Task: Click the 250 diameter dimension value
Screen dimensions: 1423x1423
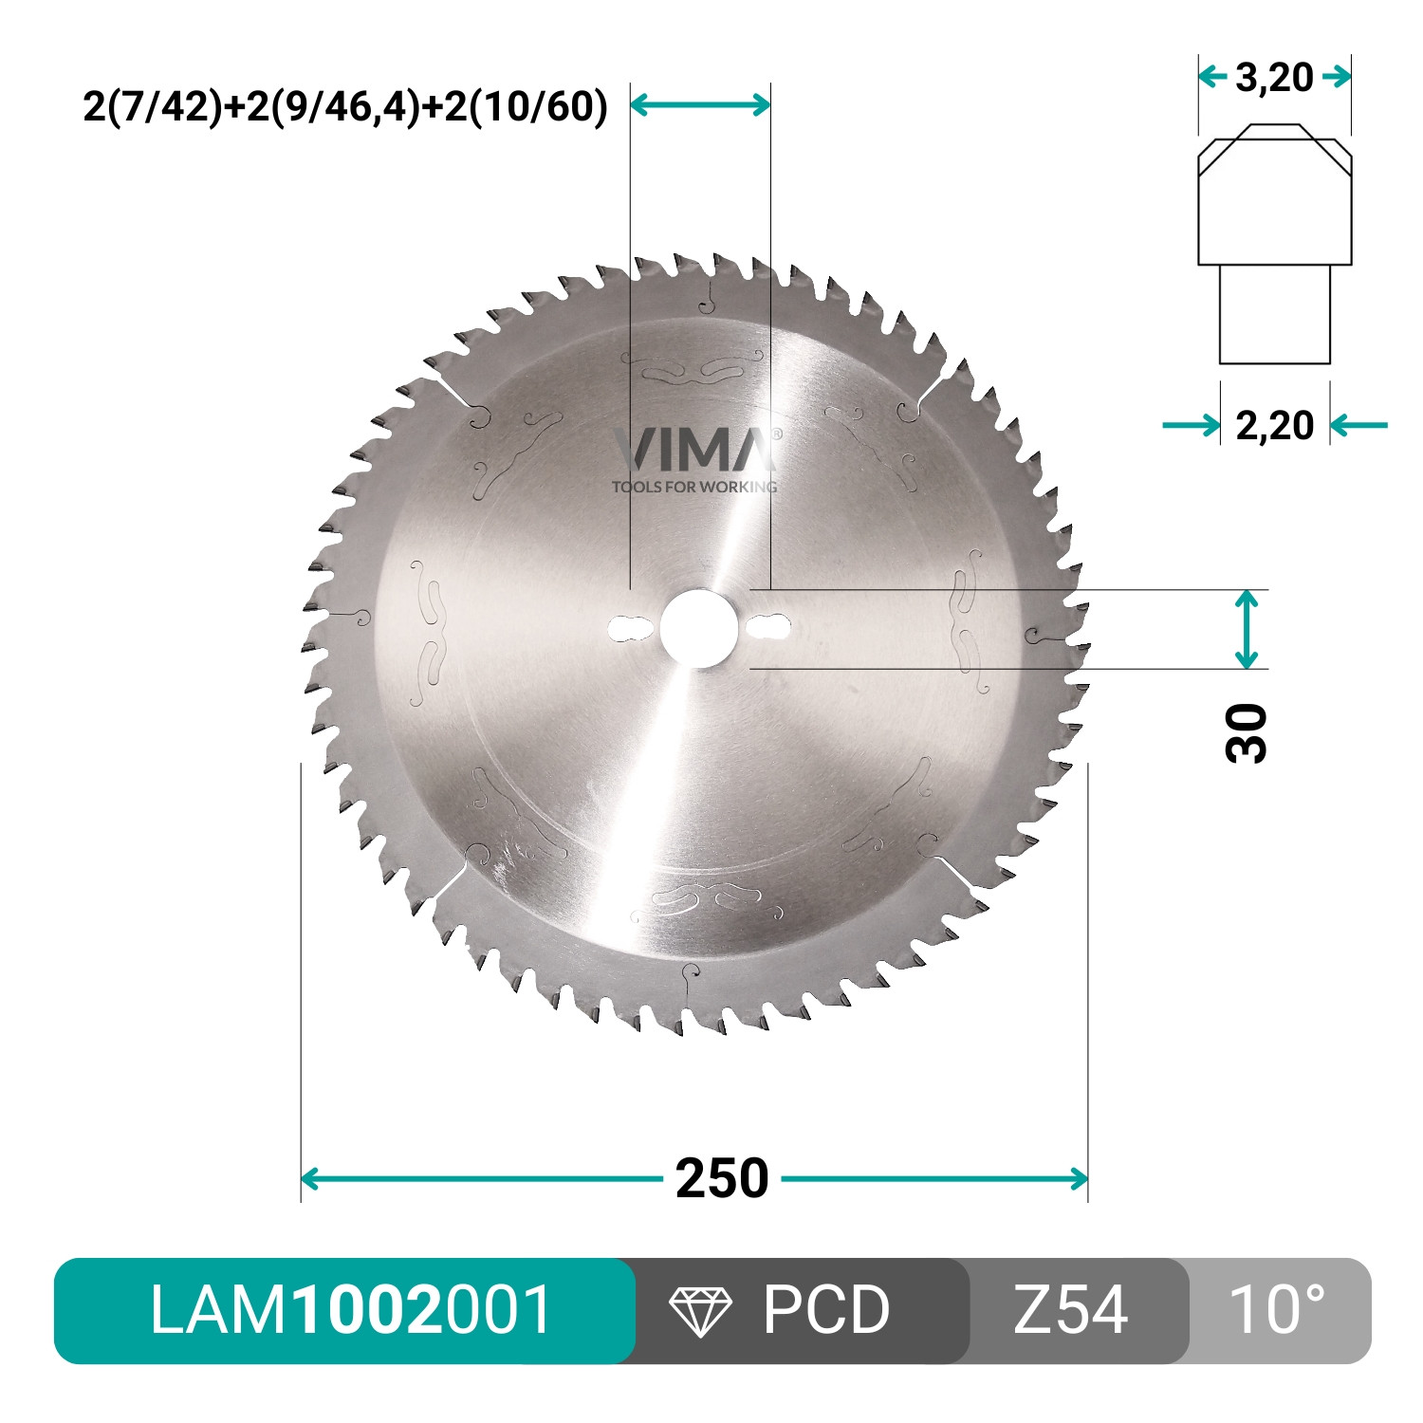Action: pyautogui.click(x=721, y=1179)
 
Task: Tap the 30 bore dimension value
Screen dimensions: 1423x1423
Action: pyautogui.click(x=1247, y=732)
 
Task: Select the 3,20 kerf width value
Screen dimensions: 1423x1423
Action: pyautogui.click(x=1274, y=77)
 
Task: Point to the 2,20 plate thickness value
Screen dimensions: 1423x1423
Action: pyautogui.click(x=1274, y=425)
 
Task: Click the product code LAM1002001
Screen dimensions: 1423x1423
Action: pyautogui.click(x=351, y=1310)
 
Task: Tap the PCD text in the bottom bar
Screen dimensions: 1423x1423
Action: pyautogui.click(x=825, y=1310)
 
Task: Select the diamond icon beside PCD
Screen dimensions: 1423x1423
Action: pyautogui.click(x=700, y=1311)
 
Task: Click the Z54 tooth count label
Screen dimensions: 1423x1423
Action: pyautogui.click(x=1070, y=1310)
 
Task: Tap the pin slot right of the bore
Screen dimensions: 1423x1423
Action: pyautogui.click(x=768, y=628)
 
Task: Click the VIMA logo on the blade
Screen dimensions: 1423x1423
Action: pyautogui.click(x=695, y=449)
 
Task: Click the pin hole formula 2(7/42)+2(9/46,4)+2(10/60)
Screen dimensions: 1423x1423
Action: pyautogui.click(x=345, y=106)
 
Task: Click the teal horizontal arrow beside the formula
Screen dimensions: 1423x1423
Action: pyautogui.click(x=700, y=104)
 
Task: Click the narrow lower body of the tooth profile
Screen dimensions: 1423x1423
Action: pyautogui.click(x=1274, y=313)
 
